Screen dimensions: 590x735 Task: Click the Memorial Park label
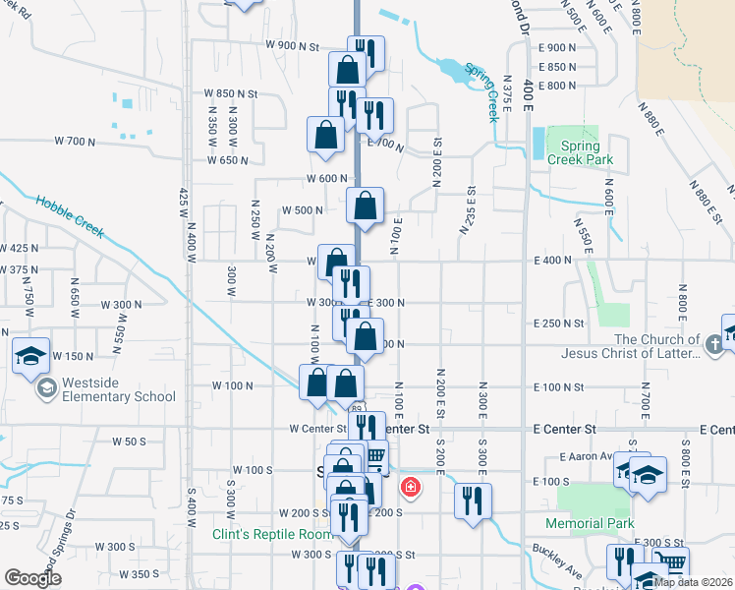pos(589,524)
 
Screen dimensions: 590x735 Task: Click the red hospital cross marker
pos(409,487)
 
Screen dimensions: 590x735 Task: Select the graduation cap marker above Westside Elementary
pos(30,354)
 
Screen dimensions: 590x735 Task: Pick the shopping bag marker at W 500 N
pos(365,206)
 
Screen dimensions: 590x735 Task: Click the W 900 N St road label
pos(293,46)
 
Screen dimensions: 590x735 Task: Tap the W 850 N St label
pos(230,93)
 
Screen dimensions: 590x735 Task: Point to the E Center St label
pos(565,430)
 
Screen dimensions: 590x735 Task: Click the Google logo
pos(33,578)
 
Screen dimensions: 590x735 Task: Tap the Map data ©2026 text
pos(694,582)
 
